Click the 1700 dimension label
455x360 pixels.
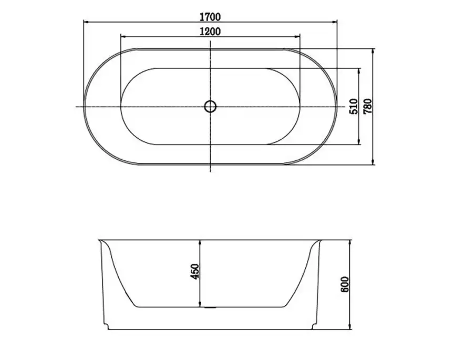(210, 17)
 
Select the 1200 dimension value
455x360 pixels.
(210, 31)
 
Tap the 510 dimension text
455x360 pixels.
(354, 106)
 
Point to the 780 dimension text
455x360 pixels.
(368, 106)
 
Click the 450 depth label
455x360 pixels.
(195, 272)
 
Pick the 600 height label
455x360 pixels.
(345, 284)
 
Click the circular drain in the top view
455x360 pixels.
(210, 107)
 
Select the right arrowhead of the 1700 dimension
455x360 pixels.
(334, 22)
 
